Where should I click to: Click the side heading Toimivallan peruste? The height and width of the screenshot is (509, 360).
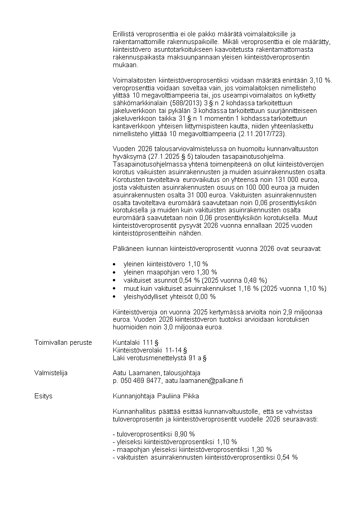[63, 342]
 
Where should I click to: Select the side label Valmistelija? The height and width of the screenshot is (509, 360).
[51, 373]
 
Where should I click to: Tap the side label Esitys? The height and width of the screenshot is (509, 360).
[43, 396]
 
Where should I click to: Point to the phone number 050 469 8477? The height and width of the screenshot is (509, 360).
[140, 381]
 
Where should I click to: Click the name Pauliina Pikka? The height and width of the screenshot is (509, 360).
[173, 396]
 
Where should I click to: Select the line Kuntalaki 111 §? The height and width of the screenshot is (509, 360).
[135, 342]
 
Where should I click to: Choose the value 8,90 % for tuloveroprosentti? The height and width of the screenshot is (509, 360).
[185, 434]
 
